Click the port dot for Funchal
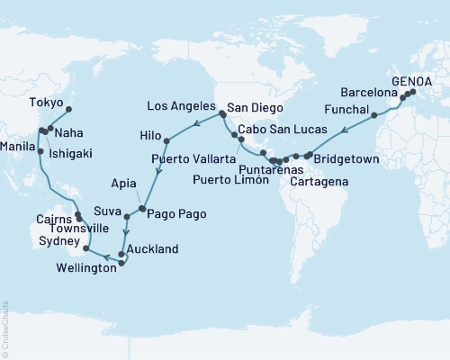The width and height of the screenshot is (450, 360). pos(373,116)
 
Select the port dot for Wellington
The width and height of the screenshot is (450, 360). pos(121,264)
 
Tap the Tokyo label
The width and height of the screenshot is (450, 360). pos(45,102)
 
